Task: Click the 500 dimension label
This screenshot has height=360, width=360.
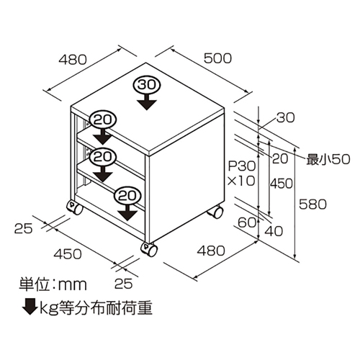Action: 217,58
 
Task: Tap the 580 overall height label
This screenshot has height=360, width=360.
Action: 312,204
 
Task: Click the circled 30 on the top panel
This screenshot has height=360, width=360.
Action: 147,85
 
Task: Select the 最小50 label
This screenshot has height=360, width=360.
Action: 328,159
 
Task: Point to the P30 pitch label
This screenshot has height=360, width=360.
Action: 242,166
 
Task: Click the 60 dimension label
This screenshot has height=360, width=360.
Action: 247,222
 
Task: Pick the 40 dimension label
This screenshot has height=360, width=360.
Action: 274,231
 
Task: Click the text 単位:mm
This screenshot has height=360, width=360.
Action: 53,284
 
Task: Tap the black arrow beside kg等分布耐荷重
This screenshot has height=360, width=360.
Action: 30,306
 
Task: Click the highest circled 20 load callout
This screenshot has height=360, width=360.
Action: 103,120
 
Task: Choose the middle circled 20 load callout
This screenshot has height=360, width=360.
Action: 103,157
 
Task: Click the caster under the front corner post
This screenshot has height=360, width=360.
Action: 149,249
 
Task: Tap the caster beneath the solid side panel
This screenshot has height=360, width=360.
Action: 215,212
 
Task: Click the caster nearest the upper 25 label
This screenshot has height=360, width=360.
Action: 75,207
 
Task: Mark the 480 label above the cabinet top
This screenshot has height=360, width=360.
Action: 73,59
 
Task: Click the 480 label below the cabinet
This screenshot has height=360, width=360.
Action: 211,251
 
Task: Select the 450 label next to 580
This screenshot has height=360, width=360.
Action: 282,184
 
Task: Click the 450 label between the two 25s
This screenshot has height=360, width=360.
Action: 68,253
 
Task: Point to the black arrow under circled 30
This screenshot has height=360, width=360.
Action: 147,102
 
